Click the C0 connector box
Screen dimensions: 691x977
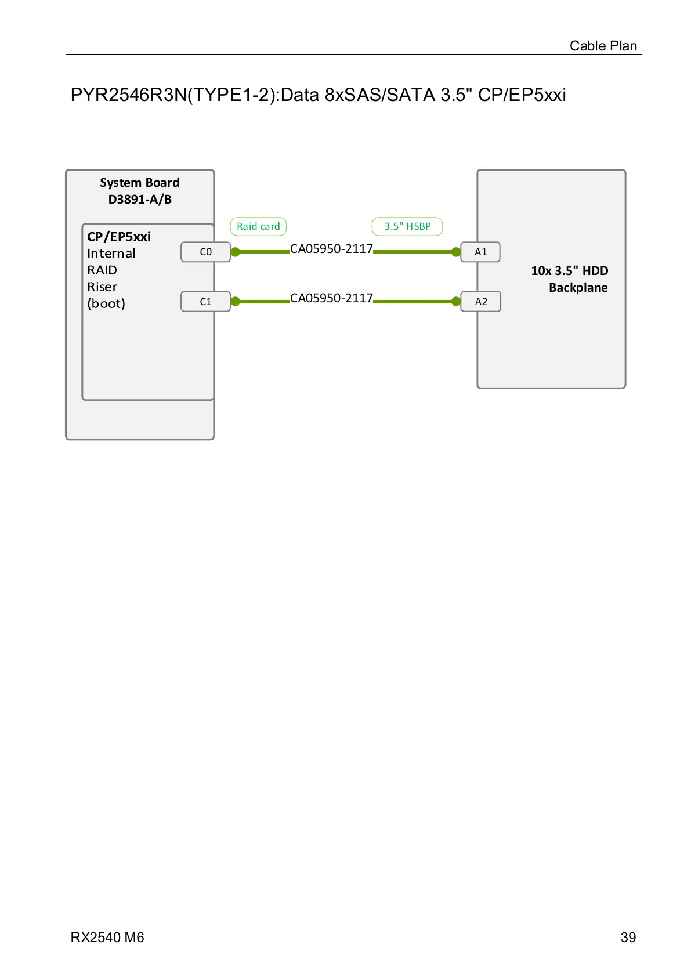[205, 252]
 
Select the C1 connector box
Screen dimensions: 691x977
[205, 301]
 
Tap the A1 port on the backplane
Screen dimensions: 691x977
[480, 252]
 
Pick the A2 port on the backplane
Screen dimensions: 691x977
[481, 301]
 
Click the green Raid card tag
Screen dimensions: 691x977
[258, 226]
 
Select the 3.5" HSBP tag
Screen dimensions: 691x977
[407, 226]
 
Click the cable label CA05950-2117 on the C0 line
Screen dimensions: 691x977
[331, 249]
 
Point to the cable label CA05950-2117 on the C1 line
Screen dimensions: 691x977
[331, 298]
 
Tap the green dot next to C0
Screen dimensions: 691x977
[235, 252]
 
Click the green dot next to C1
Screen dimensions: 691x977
[235, 301]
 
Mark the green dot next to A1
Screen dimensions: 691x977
[456, 252]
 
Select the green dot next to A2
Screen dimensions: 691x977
[456, 301]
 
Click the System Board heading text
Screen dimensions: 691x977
[140, 183]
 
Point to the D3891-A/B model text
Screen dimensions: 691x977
[140, 200]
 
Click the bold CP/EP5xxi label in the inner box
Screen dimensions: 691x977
[119, 236]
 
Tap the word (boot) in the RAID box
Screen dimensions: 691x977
[106, 303]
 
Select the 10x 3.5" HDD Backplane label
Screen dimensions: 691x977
[569, 279]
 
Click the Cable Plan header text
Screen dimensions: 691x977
[603, 46]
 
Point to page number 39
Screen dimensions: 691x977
[628, 938]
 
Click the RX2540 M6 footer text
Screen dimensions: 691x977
[107, 938]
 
